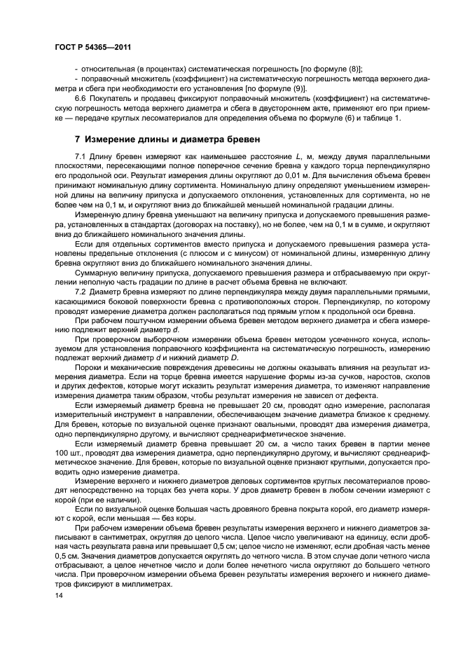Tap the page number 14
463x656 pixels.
[x=58, y=595]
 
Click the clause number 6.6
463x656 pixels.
[x=81, y=100]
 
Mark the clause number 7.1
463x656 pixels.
[x=81, y=155]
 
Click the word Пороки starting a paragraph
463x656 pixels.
[x=90, y=367]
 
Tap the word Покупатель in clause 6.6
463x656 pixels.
[x=113, y=100]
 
